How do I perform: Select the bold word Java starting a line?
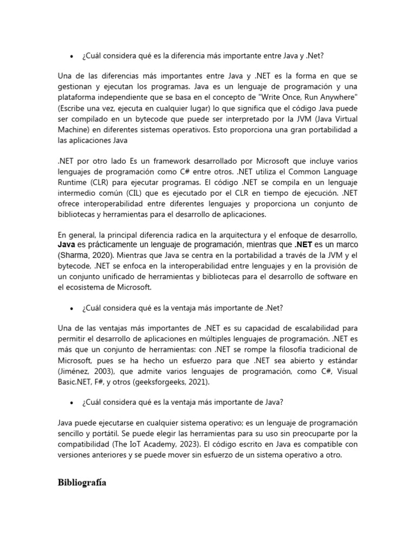(67, 245)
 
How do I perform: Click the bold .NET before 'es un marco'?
(303, 245)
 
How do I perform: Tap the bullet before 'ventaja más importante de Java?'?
(71, 402)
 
